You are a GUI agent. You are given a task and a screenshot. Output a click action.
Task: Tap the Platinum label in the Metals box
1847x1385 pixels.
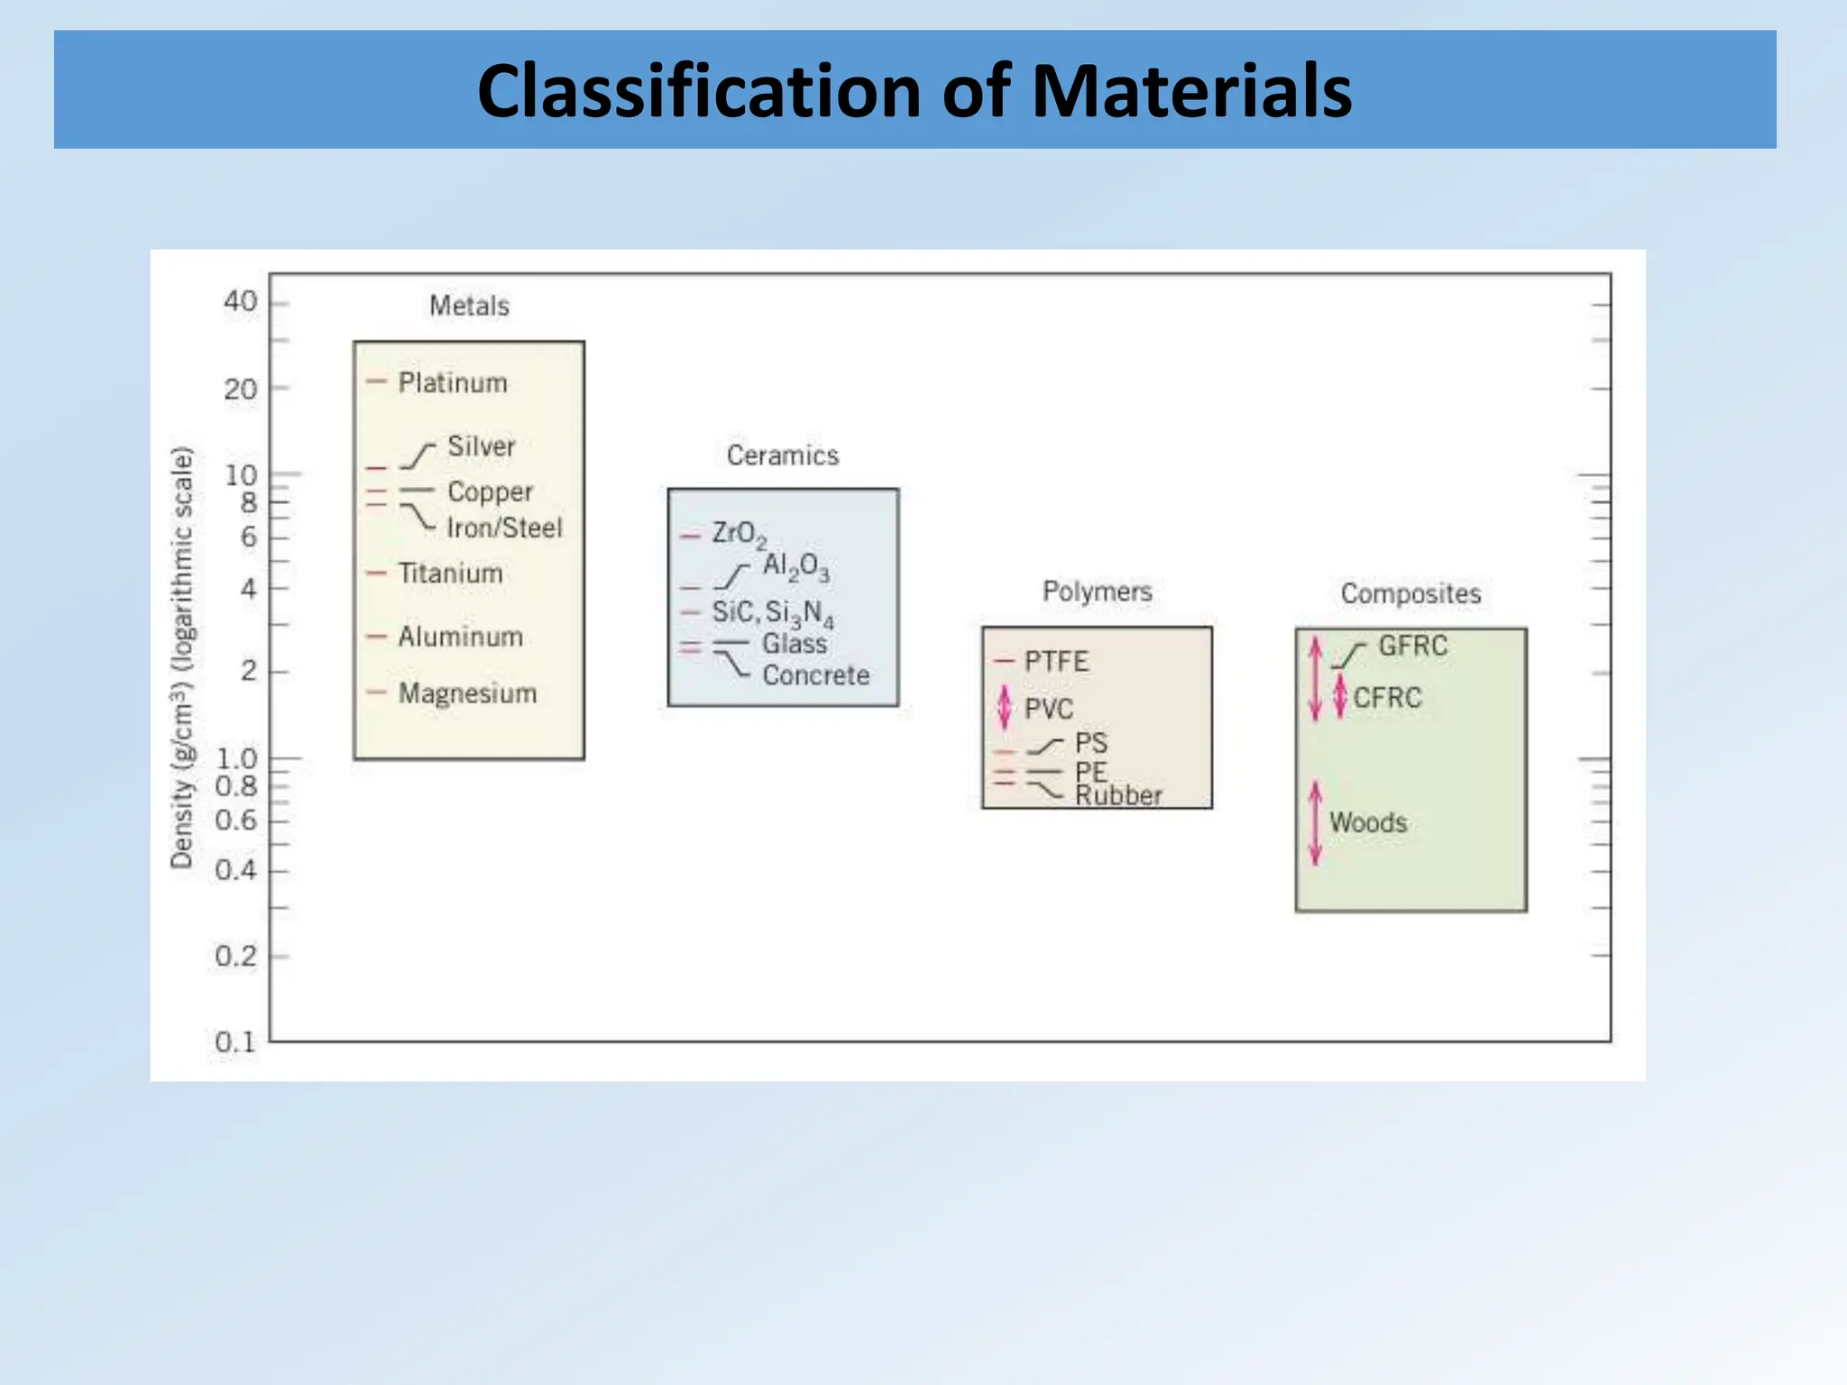tap(453, 383)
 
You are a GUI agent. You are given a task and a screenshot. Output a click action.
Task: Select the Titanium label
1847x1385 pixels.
tap(450, 573)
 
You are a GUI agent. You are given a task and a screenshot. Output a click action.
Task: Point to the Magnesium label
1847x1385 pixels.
tap(467, 693)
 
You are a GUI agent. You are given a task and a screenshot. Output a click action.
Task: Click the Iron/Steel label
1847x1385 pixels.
tap(504, 528)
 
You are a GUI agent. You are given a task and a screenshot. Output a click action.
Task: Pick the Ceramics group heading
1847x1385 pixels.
tap(783, 455)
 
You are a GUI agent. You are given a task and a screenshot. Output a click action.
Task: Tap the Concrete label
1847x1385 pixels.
tap(816, 675)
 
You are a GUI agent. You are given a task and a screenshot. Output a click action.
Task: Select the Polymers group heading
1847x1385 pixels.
tap(1098, 592)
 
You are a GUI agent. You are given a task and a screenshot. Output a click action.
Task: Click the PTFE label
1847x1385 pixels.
tap(1056, 662)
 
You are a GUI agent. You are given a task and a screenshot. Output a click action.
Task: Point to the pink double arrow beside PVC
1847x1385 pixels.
tap(1005, 709)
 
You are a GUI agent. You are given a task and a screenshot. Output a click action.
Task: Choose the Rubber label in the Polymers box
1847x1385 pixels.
tap(1118, 796)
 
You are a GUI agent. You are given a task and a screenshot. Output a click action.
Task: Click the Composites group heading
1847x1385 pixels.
tap(1411, 593)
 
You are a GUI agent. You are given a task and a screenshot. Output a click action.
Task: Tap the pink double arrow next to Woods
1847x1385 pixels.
tap(1316, 822)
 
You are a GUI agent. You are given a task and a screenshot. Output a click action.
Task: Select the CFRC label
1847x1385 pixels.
tap(1387, 698)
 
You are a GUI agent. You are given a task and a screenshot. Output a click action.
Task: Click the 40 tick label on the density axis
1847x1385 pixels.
tap(240, 301)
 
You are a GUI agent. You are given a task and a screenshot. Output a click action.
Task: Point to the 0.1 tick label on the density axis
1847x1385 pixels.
tap(234, 1042)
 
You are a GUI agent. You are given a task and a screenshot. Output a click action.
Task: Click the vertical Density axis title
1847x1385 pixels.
tap(182, 657)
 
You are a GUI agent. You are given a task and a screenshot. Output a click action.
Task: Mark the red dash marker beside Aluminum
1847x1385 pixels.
tap(376, 637)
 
